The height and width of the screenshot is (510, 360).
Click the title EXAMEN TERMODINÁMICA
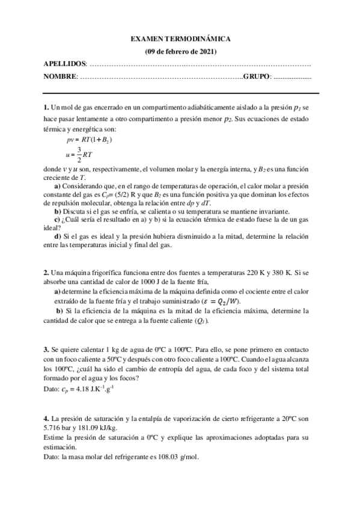click(x=180, y=39)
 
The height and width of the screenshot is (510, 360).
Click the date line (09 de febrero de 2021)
click(x=180, y=51)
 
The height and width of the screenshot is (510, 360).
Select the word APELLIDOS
click(x=65, y=64)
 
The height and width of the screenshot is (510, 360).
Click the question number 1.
click(x=46, y=108)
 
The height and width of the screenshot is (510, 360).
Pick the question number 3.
click(x=46, y=349)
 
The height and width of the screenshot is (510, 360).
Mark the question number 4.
click(x=46, y=418)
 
